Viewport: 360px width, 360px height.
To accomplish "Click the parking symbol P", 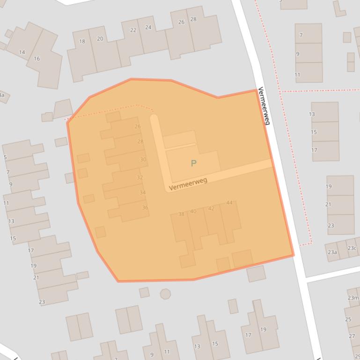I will coord(193,163).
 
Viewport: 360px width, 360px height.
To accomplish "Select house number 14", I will coord(22,52).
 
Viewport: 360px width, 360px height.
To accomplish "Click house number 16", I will coord(37,58).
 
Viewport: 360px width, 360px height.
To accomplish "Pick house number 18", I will coord(82,42).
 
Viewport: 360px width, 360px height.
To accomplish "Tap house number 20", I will coord(100,39).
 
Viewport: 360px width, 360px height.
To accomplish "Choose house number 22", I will coord(133,30).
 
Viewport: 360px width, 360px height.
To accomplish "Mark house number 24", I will coord(148,27).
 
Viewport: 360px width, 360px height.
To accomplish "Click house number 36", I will coord(145,208).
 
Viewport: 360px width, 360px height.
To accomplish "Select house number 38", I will coord(181,214).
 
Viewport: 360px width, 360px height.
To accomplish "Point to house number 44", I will coord(229,202).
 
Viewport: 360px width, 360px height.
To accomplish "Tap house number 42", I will coord(211,209).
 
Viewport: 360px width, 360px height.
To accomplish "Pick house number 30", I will coord(143,159).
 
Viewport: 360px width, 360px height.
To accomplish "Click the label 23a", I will coord(332,252).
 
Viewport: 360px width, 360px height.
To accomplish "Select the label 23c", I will coord(352,248).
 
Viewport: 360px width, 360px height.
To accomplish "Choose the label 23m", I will coord(353,298).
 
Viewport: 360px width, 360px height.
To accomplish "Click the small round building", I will coord(165,294).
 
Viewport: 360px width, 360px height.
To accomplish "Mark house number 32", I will coord(140,178).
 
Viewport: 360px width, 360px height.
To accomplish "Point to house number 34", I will coord(142,193).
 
